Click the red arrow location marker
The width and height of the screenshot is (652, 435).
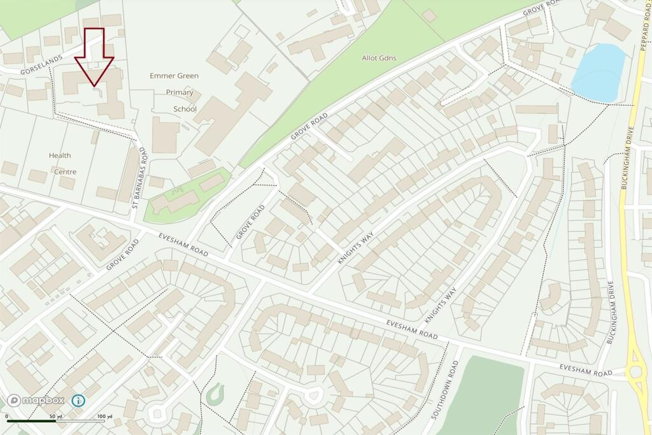point(94,57)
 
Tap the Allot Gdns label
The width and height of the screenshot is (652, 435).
point(379,58)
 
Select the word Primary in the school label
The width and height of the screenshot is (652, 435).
point(180,92)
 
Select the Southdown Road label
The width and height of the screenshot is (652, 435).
point(444,389)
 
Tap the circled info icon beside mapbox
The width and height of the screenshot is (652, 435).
point(78,401)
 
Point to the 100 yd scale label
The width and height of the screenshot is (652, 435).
point(105,417)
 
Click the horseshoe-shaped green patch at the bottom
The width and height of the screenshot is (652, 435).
point(215,395)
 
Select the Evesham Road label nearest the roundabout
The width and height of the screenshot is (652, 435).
point(586,370)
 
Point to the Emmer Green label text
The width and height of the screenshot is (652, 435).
point(174,76)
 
